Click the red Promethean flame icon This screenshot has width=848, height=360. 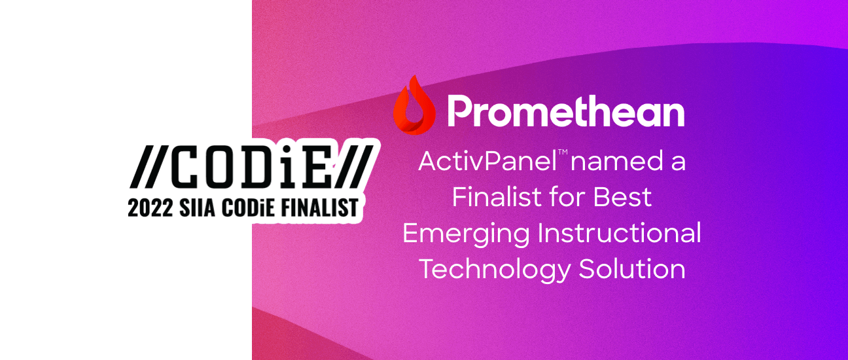[414, 106]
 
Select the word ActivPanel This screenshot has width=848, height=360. [487, 161]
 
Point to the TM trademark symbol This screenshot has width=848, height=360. [563, 152]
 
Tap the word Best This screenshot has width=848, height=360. [622, 197]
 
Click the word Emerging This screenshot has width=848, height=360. [466, 234]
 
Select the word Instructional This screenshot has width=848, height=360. [620, 233]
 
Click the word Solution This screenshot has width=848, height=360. [632, 269]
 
